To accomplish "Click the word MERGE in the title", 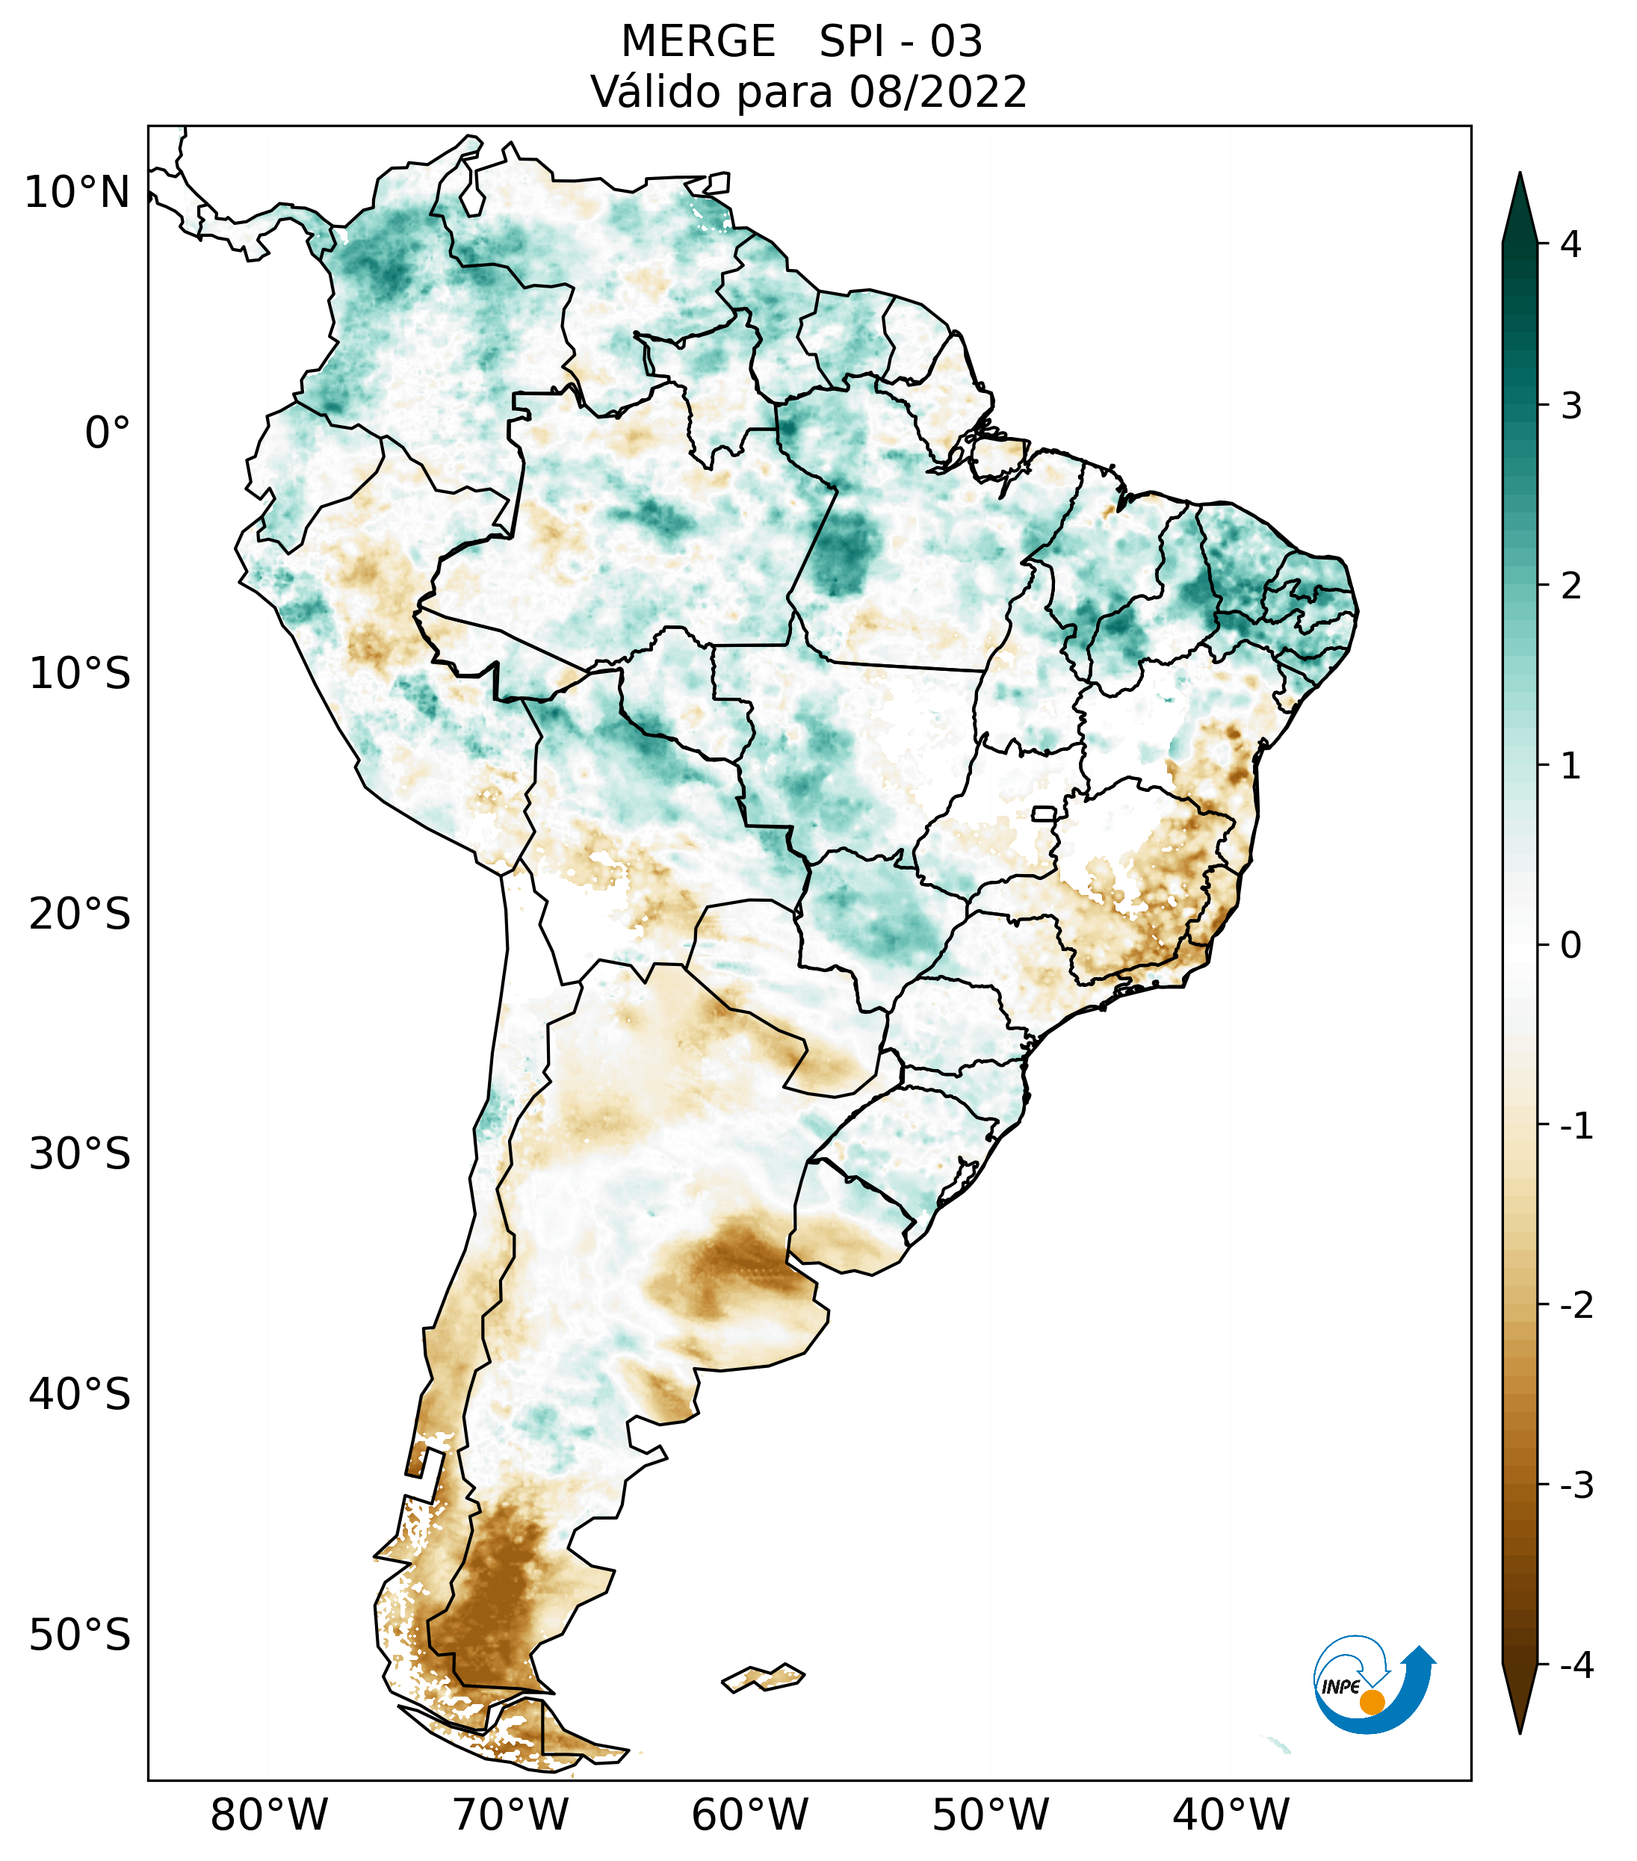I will point(699,42).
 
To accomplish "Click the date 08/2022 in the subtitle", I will point(938,92).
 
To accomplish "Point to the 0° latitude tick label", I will point(108,433).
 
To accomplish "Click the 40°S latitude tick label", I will point(80,1394).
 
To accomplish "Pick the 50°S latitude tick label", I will point(80,1635).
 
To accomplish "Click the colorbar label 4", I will point(1571,244).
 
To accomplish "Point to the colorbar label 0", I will point(1571,945).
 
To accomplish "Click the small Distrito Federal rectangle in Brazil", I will point(1045,812).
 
